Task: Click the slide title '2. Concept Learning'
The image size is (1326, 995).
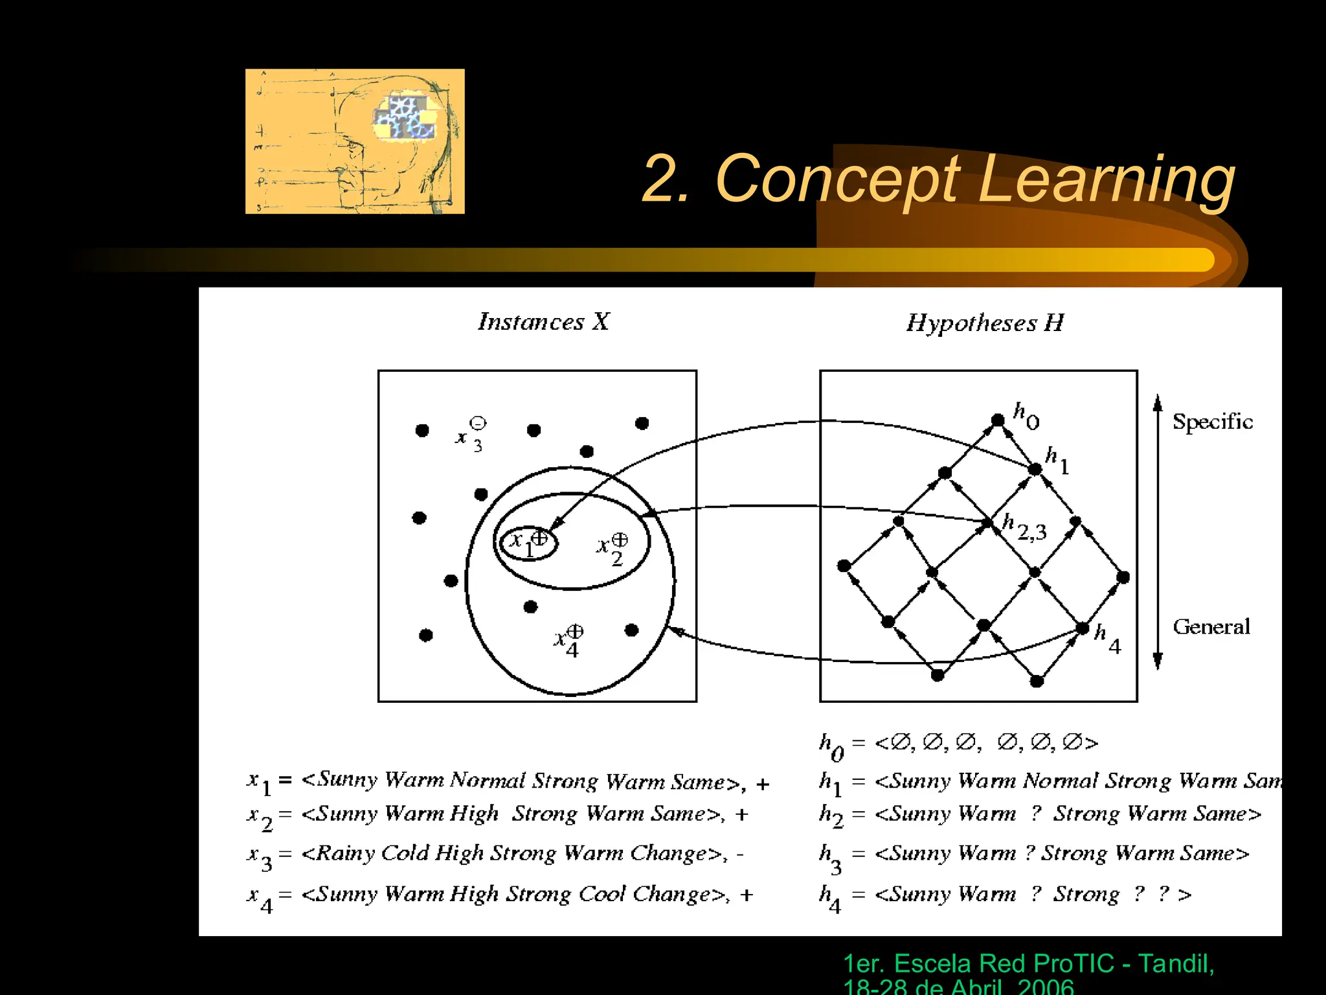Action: (938, 179)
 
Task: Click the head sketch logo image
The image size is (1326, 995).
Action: (355, 141)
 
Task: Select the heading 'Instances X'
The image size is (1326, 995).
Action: (544, 322)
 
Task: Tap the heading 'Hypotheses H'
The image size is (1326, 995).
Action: (985, 323)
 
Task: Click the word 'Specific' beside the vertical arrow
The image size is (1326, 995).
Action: (1213, 422)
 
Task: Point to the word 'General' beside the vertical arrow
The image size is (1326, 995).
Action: (1211, 626)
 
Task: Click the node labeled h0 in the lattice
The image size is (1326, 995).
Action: (998, 420)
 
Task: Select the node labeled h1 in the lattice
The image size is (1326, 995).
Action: (1035, 469)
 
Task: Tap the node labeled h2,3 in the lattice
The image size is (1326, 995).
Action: (987, 522)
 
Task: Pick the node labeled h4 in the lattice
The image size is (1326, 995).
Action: (1082, 628)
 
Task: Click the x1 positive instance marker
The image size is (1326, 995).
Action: (539, 538)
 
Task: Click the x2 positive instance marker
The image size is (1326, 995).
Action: (620, 540)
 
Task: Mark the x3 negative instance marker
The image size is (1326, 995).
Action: (478, 424)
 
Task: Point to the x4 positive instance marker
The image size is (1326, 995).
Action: (575, 631)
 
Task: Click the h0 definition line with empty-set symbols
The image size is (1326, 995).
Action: (958, 743)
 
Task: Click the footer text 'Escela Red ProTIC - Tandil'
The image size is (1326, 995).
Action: (1028, 964)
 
